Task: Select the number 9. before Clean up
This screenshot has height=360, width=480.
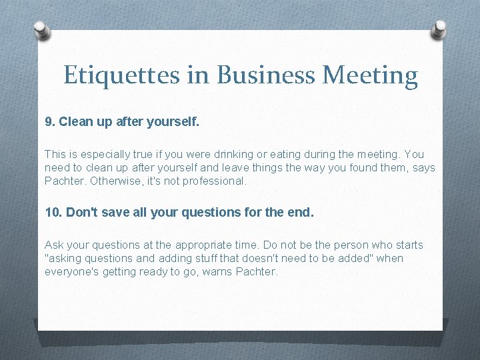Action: coord(49,123)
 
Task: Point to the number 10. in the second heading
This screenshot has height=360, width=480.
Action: coord(53,213)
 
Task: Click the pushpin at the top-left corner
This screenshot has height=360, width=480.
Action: coord(41,29)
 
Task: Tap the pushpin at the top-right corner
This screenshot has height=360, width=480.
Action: coord(440,28)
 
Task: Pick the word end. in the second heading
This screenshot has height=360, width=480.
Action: coord(299,213)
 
